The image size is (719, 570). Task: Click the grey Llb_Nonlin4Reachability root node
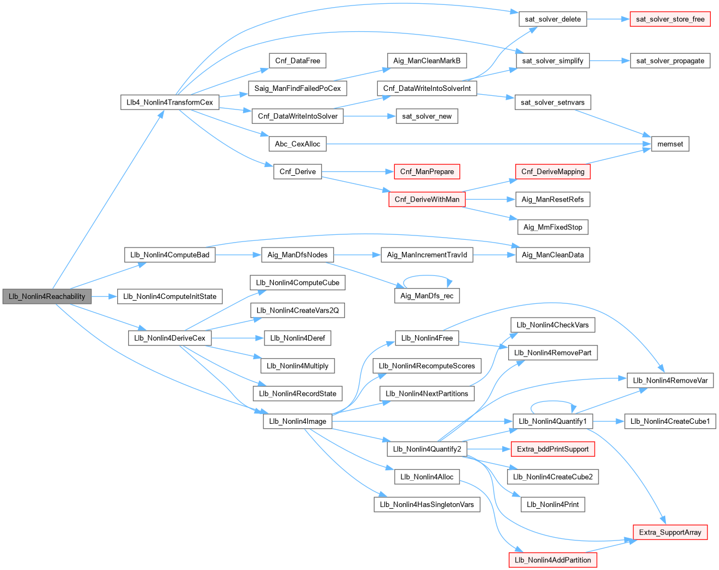click(x=47, y=296)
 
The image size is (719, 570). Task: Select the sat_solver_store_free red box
click(x=670, y=19)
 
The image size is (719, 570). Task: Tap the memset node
click(x=670, y=144)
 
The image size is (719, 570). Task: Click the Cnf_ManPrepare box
click(x=427, y=171)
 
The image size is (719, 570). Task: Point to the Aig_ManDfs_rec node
click(x=427, y=296)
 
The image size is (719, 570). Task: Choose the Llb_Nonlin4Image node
click(x=297, y=421)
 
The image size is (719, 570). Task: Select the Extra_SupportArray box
click(x=670, y=532)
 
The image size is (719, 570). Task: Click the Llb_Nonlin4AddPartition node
click(x=553, y=560)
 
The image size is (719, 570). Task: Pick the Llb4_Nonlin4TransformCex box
click(x=169, y=102)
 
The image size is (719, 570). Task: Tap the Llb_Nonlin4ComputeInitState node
click(x=170, y=296)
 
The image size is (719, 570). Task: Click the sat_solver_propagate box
click(x=670, y=61)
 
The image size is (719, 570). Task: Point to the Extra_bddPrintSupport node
click(x=553, y=449)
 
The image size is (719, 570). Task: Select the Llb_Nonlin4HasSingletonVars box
click(x=427, y=504)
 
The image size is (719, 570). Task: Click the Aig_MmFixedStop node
click(x=553, y=227)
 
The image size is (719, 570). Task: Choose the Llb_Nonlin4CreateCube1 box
click(x=670, y=421)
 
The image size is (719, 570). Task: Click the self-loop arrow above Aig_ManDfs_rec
click(x=427, y=276)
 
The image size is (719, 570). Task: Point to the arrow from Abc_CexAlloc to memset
click(x=487, y=144)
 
